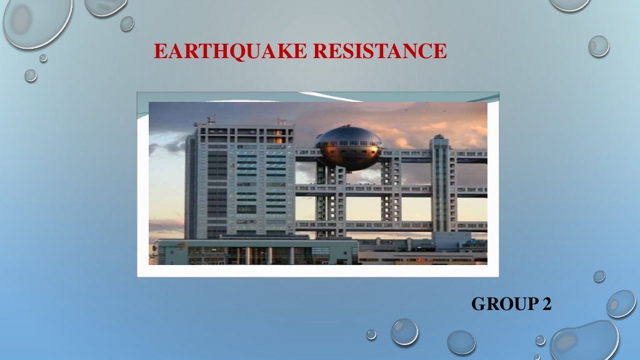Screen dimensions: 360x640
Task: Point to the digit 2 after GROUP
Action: [x=547, y=304]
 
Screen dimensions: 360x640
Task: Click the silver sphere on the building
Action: [x=349, y=148]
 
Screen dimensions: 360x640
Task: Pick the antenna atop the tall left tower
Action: [x=211, y=119]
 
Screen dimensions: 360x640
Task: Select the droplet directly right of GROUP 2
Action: [x=621, y=303]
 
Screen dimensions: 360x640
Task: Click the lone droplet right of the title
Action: [x=598, y=46]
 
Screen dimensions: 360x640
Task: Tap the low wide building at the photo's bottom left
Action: [x=250, y=252]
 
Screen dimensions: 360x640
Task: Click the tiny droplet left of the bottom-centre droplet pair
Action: [x=371, y=334]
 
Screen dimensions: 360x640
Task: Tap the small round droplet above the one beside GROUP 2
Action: [x=599, y=276]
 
